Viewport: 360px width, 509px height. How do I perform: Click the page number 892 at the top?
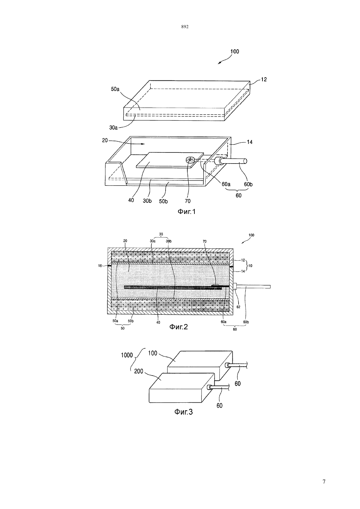click(185, 27)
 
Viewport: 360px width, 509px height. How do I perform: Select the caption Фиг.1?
click(186, 212)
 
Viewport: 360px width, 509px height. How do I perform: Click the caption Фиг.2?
click(179, 327)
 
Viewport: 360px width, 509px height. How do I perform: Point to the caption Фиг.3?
click(183, 412)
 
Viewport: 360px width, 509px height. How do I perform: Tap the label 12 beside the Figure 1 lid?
click(264, 79)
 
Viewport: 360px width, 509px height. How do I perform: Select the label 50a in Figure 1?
click(115, 89)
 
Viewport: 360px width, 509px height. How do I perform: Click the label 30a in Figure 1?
click(114, 128)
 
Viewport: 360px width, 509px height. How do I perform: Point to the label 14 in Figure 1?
click(249, 142)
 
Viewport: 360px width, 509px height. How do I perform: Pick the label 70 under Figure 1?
click(188, 201)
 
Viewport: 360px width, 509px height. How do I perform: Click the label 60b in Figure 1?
click(248, 184)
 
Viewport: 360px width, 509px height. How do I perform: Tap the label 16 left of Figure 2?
click(100, 266)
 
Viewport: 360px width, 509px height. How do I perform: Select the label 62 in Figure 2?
click(238, 307)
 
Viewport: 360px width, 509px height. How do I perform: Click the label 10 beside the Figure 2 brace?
click(250, 266)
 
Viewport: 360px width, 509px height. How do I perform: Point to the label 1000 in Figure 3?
click(127, 355)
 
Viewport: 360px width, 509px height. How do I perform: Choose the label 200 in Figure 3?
click(139, 371)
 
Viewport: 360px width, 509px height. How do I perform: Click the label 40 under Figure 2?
click(158, 322)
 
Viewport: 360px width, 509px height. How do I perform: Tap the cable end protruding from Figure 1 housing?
click(245, 161)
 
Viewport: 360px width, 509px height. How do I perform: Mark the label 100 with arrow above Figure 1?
click(235, 52)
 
